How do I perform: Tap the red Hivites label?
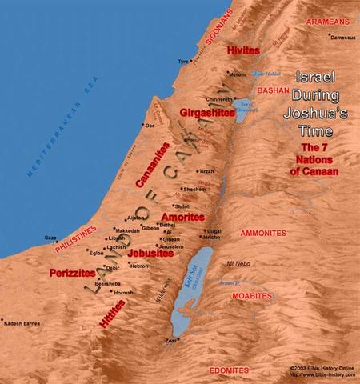click(x=243, y=50)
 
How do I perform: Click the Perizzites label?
click(x=73, y=272)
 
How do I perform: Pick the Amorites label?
click(x=182, y=217)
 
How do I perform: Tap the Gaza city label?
click(x=50, y=237)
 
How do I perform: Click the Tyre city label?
click(x=182, y=61)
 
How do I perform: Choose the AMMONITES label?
click(x=262, y=233)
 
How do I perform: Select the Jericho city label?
click(x=210, y=238)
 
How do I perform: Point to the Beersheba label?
click(x=107, y=283)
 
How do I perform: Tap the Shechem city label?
click(x=195, y=189)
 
